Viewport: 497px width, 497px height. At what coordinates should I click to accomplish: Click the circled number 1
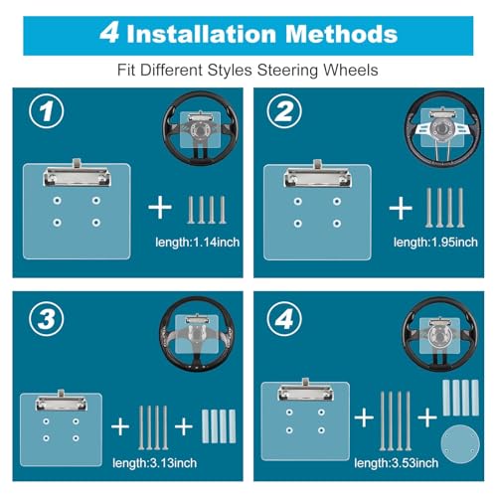click(47, 111)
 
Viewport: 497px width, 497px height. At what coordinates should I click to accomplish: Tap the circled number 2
click(284, 111)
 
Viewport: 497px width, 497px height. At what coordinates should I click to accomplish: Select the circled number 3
click(47, 319)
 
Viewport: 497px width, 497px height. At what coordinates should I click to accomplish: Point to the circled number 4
click(284, 319)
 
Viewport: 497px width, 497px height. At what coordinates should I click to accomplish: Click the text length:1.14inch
click(198, 243)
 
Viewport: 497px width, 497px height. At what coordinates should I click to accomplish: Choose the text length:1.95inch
click(435, 243)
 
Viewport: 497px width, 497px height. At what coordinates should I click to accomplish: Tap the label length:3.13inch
click(155, 463)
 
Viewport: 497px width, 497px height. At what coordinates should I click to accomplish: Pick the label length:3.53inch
click(397, 463)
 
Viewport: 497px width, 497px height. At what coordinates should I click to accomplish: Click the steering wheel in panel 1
click(201, 128)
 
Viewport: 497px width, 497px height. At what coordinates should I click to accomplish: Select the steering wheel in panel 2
click(442, 128)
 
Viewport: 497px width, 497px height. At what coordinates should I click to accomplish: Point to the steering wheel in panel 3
click(197, 334)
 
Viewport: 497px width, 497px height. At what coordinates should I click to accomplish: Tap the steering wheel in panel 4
click(439, 334)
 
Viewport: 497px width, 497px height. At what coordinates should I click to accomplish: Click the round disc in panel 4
click(460, 444)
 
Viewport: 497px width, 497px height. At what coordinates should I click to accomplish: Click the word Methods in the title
click(341, 34)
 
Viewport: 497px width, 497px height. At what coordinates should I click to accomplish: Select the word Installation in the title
click(202, 34)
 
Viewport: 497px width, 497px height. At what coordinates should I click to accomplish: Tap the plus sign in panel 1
click(160, 208)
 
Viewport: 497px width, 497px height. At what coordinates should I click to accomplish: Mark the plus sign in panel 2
click(401, 208)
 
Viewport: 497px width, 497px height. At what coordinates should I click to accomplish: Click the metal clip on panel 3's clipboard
click(61, 403)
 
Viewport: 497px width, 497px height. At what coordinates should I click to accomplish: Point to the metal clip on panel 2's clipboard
click(318, 175)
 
